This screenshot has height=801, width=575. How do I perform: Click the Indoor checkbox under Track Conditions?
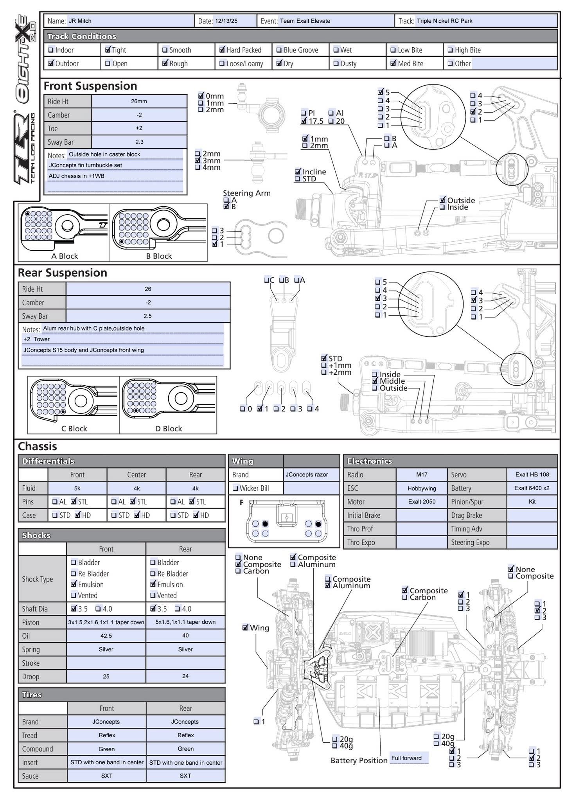(x=51, y=50)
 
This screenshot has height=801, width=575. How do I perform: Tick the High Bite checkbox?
(x=450, y=50)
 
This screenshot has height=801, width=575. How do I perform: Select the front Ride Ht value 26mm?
(x=139, y=101)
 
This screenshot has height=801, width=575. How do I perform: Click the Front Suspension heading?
(x=90, y=86)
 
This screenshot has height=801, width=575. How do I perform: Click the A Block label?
(x=65, y=256)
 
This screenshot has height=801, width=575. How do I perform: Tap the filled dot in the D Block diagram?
(x=135, y=411)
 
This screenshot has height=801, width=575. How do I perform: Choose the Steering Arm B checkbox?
(x=226, y=207)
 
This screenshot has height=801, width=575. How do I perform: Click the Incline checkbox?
(x=298, y=172)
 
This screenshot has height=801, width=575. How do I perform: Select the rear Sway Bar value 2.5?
(x=147, y=316)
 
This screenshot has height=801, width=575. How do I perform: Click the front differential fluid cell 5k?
(x=77, y=488)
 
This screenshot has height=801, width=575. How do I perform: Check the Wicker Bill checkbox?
(x=235, y=488)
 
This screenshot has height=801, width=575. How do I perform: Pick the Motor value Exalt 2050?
(x=421, y=502)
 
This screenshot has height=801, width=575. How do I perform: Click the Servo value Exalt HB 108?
(x=532, y=474)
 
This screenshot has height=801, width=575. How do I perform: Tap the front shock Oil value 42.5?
(x=106, y=636)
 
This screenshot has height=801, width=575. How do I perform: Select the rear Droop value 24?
(x=185, y=676)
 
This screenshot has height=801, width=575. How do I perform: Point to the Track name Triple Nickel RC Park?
(x=444, y=21)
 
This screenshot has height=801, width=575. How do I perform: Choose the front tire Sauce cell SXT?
(x=107, y=776)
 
